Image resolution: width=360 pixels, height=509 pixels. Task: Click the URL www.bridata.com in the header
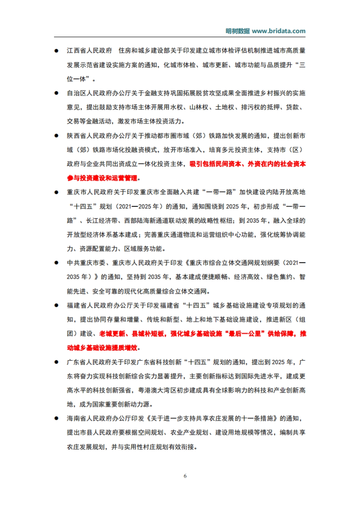click(278, 31)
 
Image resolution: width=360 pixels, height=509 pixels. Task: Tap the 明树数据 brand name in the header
click(238, 31)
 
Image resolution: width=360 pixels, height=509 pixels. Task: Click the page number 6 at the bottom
click(185, 476)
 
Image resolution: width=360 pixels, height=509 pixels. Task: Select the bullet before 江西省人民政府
click(56, 51)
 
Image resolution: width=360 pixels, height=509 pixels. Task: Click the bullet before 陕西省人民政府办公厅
click(56, 136)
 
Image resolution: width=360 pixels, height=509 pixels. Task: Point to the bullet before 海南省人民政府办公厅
click(56, 418)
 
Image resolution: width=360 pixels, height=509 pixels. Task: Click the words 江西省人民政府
click(89, 51)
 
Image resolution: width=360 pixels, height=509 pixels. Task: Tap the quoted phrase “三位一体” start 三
click(302, 65)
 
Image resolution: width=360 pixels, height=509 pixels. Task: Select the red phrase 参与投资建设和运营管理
click(102, 178)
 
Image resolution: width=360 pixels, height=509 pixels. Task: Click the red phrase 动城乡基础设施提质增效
click(102, 348)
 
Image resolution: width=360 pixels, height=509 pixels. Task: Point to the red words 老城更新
click(112, 334)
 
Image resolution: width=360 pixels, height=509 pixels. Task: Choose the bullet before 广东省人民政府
click(56, 362)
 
